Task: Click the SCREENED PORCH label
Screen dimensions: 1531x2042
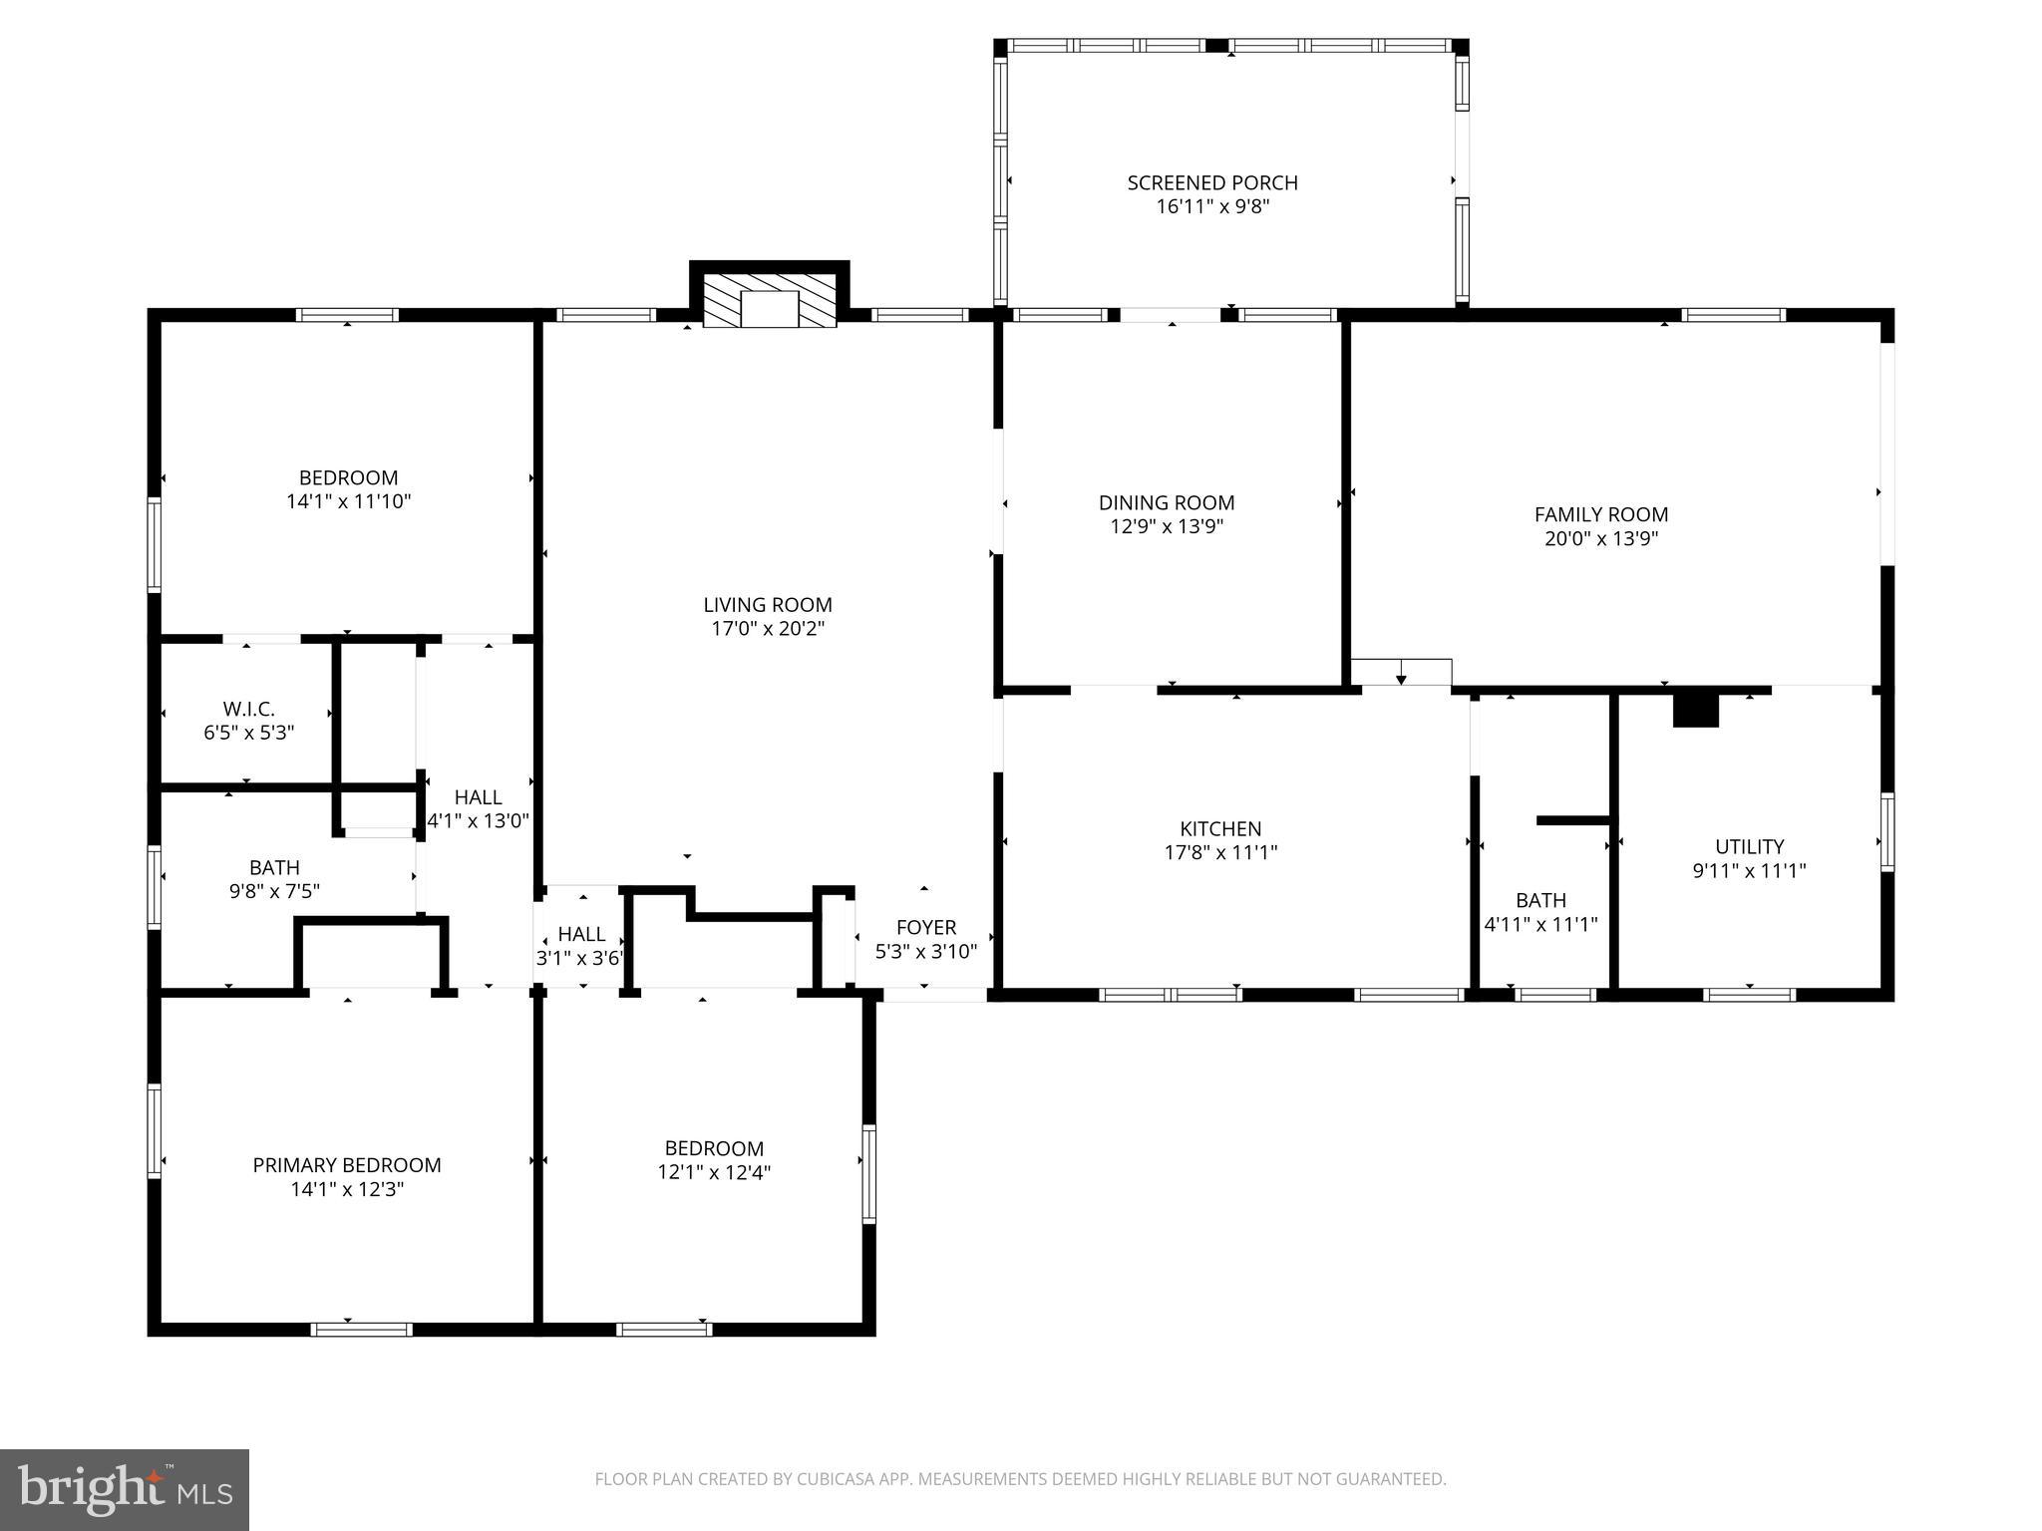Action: (x=1212, y=183)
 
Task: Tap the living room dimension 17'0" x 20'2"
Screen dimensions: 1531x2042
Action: (x=767, y=629)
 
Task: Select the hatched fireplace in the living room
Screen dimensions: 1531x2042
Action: (x=769, y=298)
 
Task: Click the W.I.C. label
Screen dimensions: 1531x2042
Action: (x=248, y=709)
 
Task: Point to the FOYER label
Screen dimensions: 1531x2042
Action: (x=926, y=928)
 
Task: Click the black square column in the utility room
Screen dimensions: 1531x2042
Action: (x=1695, y=710)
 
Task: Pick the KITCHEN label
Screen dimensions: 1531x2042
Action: (x=1220, y=828)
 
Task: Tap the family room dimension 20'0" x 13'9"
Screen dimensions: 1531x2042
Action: (x=1600, y=539)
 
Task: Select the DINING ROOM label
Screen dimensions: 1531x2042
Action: (x=1167, y=503)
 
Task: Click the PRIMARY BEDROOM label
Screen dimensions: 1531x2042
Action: (x=347, y=1165)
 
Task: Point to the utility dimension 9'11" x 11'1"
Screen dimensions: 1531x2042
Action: (x=1749, y=870)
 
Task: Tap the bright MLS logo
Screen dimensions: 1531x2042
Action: (x=125, y=1489)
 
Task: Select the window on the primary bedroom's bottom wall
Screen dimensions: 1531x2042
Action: (x=361, y=1329)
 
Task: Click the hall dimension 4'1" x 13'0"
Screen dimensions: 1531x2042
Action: (x=478, y=821)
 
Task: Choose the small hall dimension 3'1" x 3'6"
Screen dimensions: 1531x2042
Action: (x=580, y=959)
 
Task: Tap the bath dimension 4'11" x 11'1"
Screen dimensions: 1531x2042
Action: (x=1540, y=924)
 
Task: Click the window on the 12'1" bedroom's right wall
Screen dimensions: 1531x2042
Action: (x=868, y=1174)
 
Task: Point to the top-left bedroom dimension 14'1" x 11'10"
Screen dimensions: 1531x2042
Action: (x=348, y=501)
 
